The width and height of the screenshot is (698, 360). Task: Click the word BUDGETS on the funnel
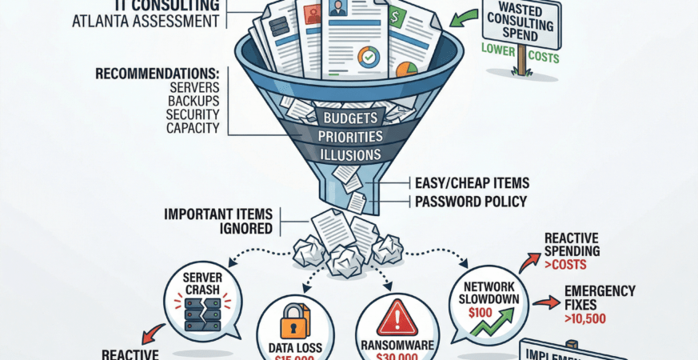coord(349,118)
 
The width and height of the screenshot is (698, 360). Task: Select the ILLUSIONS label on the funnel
coord(349,154)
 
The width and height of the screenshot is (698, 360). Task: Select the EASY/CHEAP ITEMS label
coord(473,183)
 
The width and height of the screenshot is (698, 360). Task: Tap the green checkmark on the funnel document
coord(369,58)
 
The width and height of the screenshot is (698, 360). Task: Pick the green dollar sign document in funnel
coord(396,15)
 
